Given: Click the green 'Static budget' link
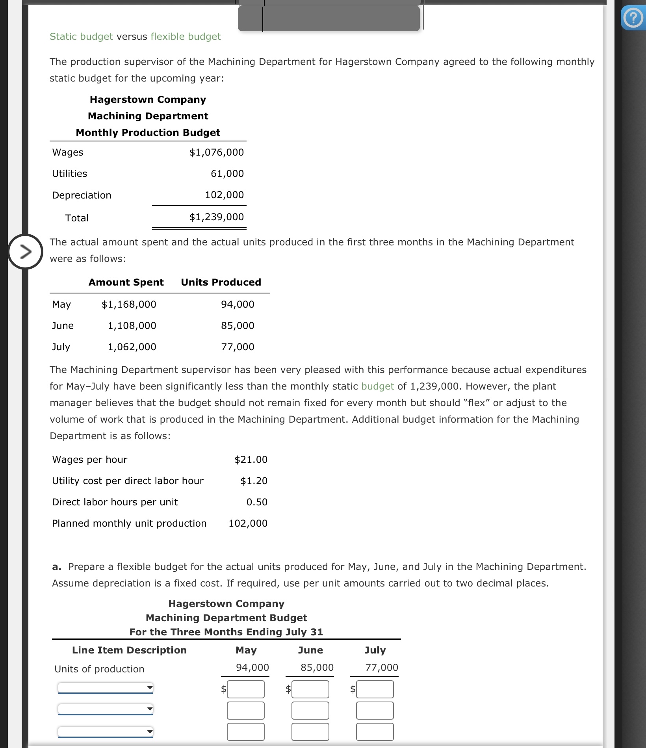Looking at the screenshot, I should tap(81, 37).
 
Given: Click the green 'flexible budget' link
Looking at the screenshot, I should tap(186, 37).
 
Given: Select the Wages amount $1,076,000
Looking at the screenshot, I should tap(216, 152).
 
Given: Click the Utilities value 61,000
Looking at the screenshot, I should tap(227, 174).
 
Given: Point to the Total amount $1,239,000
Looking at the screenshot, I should tap(216, 217).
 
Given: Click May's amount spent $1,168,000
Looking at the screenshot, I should tap(129, 304).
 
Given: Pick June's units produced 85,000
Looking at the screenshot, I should tap(238, 326).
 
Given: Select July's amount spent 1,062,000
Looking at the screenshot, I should tap(132, 347).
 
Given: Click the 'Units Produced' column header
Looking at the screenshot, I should tap(221, 282).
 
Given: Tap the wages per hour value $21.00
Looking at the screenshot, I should tap(251, 460).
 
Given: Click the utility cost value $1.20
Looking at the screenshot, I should tap(254, 481).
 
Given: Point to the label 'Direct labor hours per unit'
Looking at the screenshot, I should tap(115, 502).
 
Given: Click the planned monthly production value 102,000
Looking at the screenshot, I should tap(248, 523).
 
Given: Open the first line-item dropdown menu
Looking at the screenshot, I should tap(105, 688).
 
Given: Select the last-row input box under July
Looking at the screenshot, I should tap(375, 732).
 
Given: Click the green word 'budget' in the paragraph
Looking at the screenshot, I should tap(377, 386).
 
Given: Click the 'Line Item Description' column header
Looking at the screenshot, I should tap(129, 650).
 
